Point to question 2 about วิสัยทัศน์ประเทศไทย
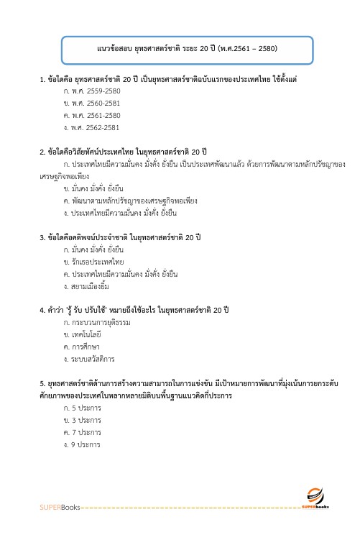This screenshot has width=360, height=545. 124,152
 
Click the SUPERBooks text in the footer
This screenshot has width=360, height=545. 60,508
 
